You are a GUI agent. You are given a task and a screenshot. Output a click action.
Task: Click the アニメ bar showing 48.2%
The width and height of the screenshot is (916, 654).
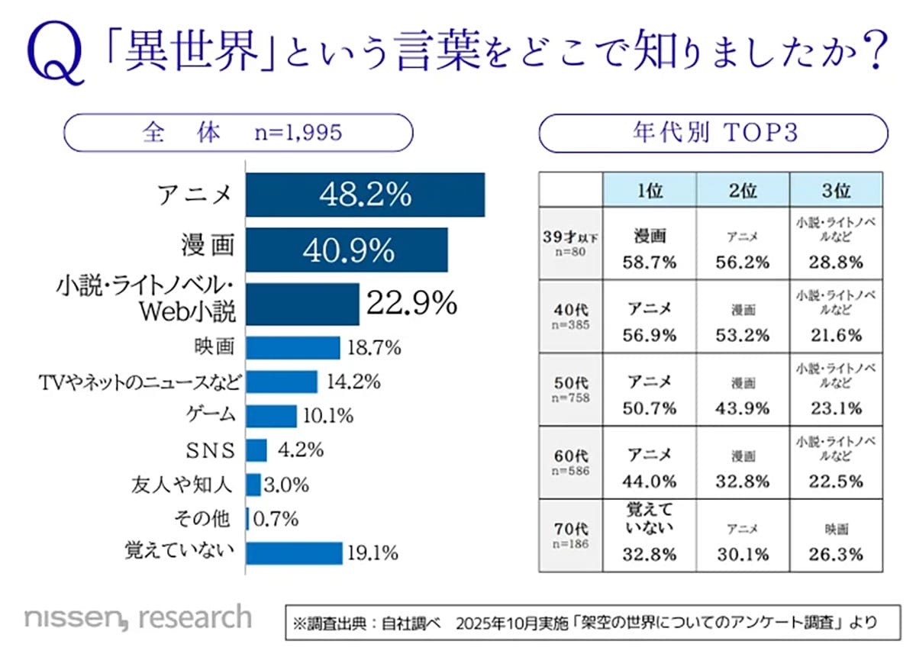[x=365, y=195]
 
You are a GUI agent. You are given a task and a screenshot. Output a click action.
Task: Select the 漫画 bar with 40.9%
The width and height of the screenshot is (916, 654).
[x=347, y=250]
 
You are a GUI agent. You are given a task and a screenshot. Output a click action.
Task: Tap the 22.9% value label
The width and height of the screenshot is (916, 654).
[x=411, y=304]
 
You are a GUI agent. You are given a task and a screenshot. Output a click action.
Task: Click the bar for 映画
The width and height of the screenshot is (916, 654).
[x=292, y=348]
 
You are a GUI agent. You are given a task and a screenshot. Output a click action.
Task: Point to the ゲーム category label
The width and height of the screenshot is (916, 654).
[x=210, y=416]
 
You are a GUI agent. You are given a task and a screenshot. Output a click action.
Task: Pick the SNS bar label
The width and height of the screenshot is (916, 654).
[x=211, y=450]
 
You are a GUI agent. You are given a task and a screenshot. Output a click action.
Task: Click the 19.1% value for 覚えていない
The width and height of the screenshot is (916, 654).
[x=373, y=553]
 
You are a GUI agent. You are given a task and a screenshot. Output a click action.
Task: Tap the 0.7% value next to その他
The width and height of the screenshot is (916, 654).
[x=275, y=520]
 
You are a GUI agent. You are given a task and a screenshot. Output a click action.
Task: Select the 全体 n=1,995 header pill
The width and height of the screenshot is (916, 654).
[x=237, y=134]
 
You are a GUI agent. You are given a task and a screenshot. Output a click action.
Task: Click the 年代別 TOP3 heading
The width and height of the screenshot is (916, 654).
[x=714, y=134]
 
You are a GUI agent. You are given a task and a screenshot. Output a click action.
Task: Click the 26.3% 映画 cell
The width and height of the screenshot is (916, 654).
[x=836, y=554]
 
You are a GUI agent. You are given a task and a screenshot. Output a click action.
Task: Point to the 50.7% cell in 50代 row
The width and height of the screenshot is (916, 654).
[x=650, y=408]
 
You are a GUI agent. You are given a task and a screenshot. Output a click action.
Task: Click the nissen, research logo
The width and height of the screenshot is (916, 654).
[x=137, y=617]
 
